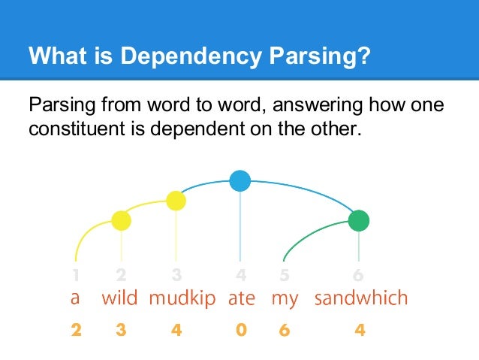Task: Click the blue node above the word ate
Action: click(x=239, y=180)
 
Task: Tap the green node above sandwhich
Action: click(x=359, y=220)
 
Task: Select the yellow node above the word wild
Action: click(x=121, y=220)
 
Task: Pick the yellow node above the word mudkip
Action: click(x=176, y=201)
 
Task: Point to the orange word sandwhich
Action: click(x=360, y=298)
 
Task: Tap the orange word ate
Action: click(x=241, y=298)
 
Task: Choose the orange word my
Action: click(x=285, y=299)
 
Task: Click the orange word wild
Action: click(x=119, y=298)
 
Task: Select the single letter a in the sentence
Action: click(x=74, y=298)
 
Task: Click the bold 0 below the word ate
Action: click(x=240, y=329)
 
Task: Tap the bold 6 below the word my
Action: click(x=284, y=329)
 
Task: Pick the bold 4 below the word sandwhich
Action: click(x=360, y=329)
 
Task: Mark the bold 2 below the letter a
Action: click(x=76, y=329)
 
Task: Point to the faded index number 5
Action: click(x=284, y=275)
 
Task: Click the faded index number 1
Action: click(x=76, y=275)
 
